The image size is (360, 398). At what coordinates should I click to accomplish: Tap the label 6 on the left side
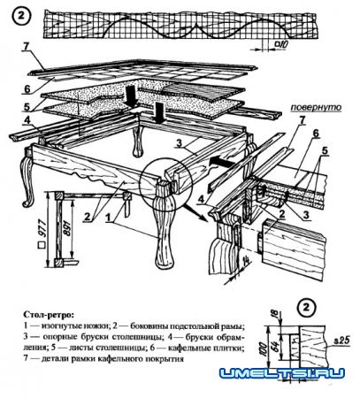[26, 89]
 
